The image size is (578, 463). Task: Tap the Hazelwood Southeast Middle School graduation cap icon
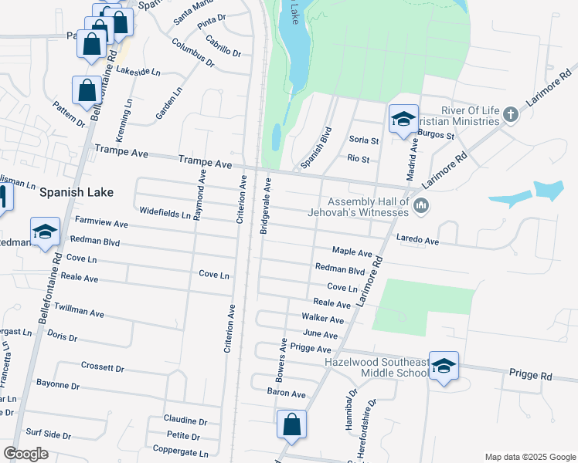(x=444, y=367)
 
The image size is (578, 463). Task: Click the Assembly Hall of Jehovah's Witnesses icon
(x=421, y=205)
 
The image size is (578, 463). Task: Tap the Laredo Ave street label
(x=417, y=242)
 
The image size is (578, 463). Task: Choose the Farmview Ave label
(x=100, y=223)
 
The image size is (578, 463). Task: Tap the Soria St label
(x=364, y=140)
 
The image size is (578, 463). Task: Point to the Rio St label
(x=359, y=159)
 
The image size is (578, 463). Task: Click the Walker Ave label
(x=322, y=319)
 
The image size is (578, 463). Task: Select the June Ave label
(x=320, y=335)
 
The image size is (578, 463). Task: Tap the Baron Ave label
(x=287, y=394)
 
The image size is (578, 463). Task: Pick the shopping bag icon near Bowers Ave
(x=291, y=425)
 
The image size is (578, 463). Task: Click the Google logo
(x=25, y=454)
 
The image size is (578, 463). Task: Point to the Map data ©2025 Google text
(x=529, y=457)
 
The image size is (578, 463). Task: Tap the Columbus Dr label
(x=192, y=52)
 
